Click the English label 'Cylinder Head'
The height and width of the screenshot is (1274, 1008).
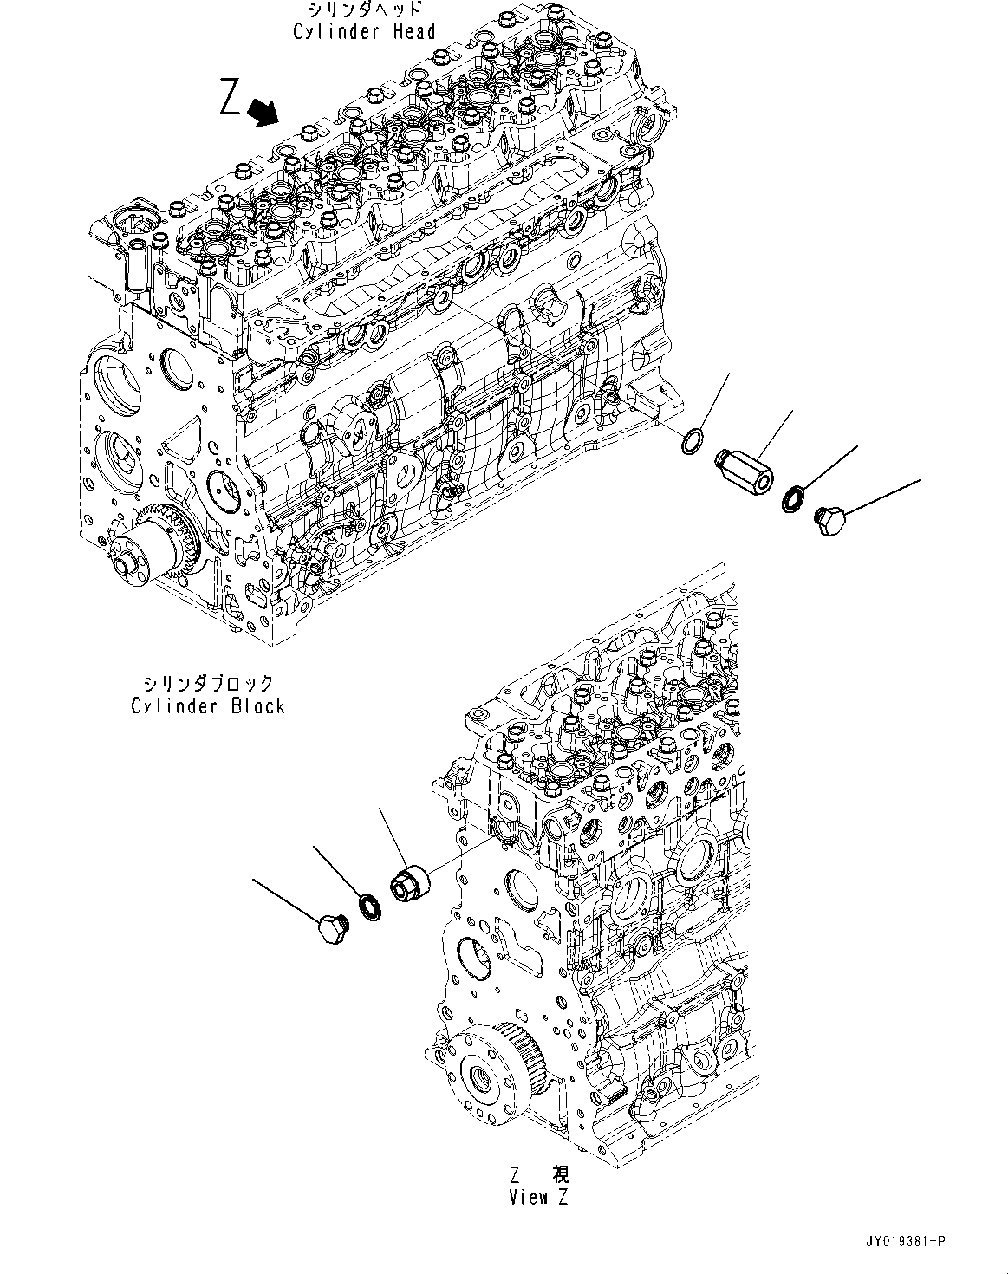(363, 32)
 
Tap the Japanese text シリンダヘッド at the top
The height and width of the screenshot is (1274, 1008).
(364, 11)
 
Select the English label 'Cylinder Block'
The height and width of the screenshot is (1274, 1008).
(208, 705)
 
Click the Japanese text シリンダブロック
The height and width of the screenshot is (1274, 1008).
(208, 685)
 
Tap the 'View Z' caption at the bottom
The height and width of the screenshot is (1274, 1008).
(539, 1198)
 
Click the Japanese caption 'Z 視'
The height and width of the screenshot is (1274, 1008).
(539, 1175)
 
